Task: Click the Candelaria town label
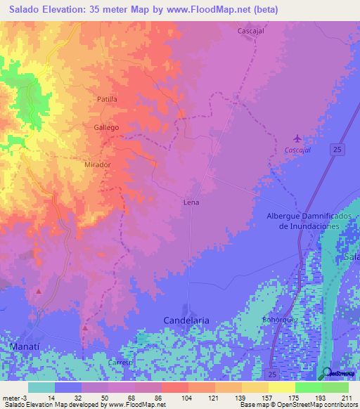pyautogui.click(x=186, y=320)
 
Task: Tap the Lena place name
pyautogui.click(x=191, y=202)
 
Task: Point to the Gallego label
pyautogui.click(x=106, y=128)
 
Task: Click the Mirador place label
pyautogui.click(x=98, y=164)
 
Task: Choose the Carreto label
pyautogui.click(x=120, y=362)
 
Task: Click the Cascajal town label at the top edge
pyautogui.click(x=251, y=32)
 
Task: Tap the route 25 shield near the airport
pyautogui.click(x=338, y=149)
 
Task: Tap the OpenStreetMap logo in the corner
pyautogui.click(x=335, y=374)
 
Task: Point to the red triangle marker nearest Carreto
pyautogui.click(x=84, y=327)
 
